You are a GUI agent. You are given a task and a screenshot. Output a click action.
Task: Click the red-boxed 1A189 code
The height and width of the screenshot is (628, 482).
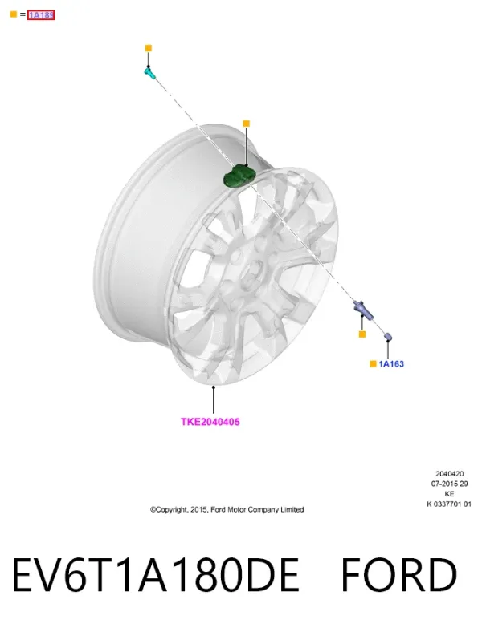pos(41,15)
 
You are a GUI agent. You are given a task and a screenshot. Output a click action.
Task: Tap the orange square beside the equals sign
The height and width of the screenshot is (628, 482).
pos(13,14)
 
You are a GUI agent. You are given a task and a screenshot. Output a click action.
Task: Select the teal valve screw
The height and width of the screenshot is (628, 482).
pos(149,73)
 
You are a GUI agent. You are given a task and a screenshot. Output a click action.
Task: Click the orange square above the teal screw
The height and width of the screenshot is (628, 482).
pos(149,48)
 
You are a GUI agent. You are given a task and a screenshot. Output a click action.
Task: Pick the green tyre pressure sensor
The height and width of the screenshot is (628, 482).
pos(239,176)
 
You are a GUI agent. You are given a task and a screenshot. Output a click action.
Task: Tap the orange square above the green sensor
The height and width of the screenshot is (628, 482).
pos(246,124)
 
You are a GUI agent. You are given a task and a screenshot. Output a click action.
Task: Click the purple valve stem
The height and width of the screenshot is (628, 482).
pos(363,310)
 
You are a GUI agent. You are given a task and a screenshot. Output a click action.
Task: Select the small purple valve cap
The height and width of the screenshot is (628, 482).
pos(388,337)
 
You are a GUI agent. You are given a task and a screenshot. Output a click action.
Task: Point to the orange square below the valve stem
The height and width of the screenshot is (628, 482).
pos(362,334)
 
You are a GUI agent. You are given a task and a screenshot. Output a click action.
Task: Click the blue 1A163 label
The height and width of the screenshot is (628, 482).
pos(391,364)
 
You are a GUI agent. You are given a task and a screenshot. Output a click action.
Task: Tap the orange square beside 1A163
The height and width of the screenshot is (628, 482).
pos(373,363)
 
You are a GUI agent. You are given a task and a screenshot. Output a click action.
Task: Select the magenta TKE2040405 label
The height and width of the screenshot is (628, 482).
pos(210,422)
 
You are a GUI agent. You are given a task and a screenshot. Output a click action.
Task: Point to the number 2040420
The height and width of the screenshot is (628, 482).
pos(450,474)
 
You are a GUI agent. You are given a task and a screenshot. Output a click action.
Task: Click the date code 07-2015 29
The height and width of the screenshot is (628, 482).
pos(450,484)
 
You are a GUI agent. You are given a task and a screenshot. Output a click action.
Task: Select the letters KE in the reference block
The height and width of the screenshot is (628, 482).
pos(450,494)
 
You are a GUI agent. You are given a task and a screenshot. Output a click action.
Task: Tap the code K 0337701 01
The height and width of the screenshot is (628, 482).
pos(449,504)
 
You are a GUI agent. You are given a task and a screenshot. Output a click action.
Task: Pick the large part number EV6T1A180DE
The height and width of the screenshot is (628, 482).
pos(156,575)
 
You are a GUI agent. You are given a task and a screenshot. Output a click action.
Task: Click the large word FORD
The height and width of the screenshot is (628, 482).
pos(399,575)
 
